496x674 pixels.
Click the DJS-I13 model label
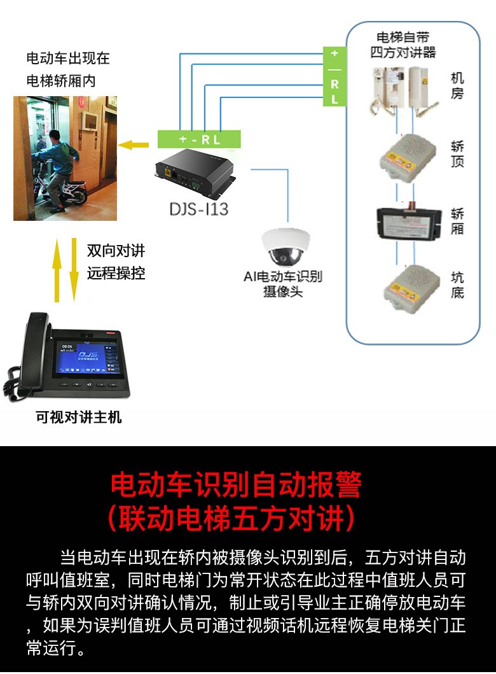point(199,209)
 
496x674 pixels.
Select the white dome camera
point(286,247)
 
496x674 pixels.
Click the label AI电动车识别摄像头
point(283,284)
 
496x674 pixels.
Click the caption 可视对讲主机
point(79,416)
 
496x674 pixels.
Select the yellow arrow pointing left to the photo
point(134,145)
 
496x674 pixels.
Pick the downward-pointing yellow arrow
point(74,269)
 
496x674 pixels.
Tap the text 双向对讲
point(116,250)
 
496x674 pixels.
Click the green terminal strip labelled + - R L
point(199,139)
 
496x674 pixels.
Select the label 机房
point(457,85)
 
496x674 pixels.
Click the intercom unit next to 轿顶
point(408,158)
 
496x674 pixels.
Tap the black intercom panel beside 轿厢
point(409,223)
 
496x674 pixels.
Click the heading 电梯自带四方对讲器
point(403,45)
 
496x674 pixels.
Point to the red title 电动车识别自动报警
point(236,484)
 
